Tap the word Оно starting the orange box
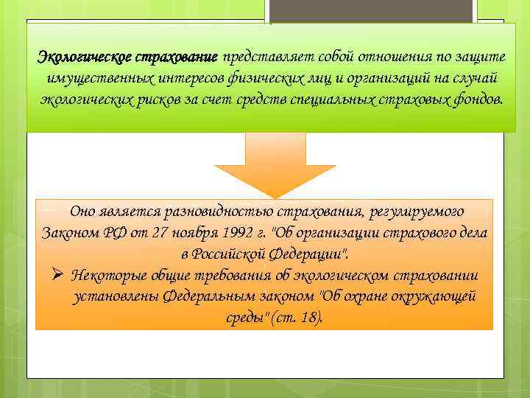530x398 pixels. pos(82,212)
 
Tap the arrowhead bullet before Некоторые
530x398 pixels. pos(59,276)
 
